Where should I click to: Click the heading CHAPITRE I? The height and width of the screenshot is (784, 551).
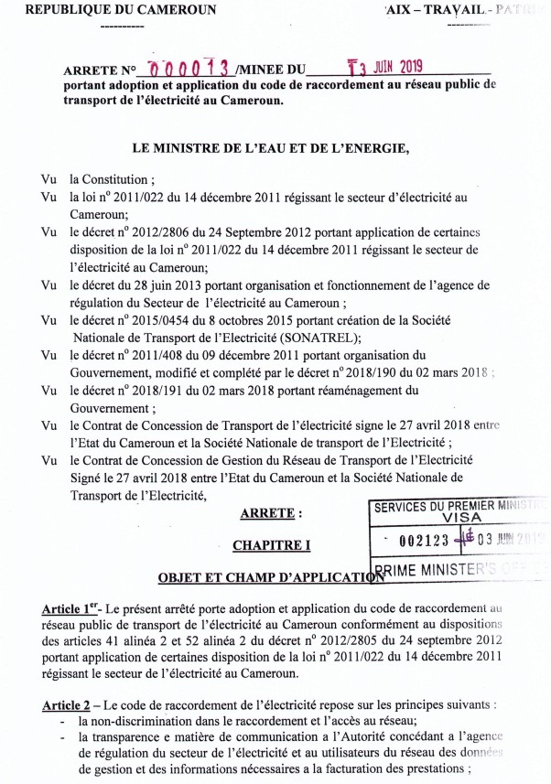tap(272, 545)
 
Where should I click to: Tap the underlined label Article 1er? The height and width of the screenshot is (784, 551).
tap(71, 608)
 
